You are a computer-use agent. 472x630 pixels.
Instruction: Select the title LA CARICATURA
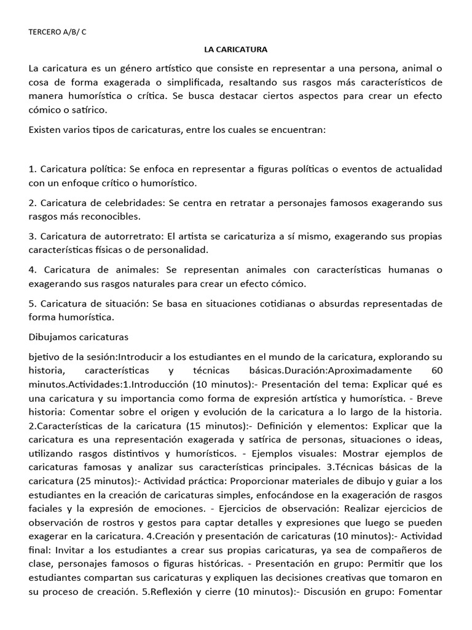tap(235, 49)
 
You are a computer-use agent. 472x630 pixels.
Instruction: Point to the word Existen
tap(46, 130)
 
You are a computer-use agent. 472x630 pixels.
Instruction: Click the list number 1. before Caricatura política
tap(33, 169)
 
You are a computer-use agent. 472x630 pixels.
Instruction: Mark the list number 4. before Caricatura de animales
tap(33, 270)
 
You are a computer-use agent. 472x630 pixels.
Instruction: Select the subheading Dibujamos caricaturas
tap(79, 337)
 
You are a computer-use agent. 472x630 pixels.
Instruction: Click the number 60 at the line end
tap(435, 370)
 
